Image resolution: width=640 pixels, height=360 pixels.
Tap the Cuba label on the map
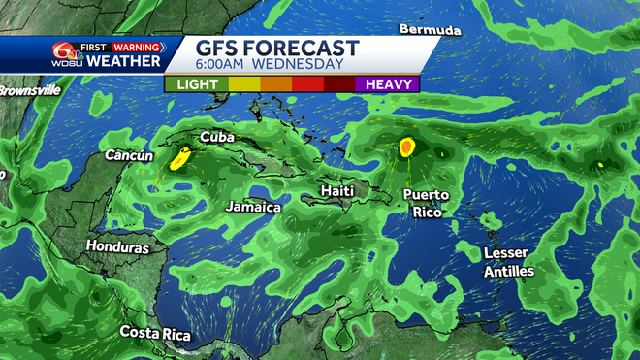[x=216, y=138]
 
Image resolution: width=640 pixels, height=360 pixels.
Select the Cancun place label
[x=130, y=155]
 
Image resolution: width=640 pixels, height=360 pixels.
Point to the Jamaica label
[x=253, y=207]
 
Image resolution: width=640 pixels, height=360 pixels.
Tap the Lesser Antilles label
[x=509, y=262]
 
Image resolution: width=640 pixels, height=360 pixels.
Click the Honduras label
[x=117, y=247]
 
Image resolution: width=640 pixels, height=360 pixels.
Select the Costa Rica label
[x=155, y=333]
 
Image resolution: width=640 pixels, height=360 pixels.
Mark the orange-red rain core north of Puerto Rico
[x=407, y=147]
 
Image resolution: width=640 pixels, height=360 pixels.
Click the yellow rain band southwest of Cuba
[x=179, y=159]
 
